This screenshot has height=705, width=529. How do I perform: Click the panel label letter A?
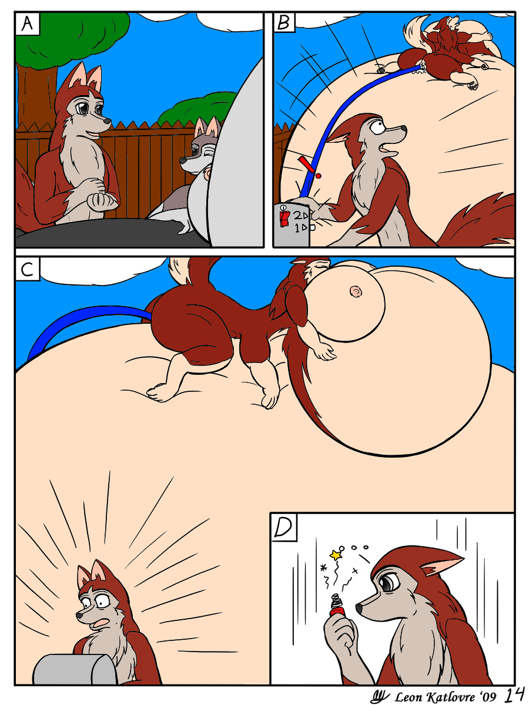click(27, 23)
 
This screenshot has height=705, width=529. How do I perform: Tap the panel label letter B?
click(284, 22)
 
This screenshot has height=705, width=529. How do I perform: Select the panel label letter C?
click(27, 269)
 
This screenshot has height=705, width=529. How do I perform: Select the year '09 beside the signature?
click(487, 696)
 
